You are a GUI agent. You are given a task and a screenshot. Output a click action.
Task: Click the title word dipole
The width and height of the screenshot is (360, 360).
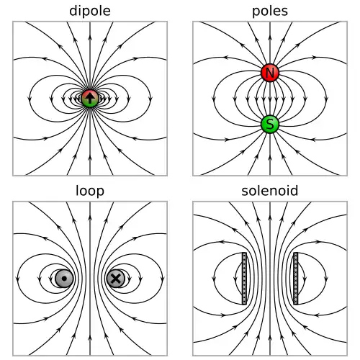90,11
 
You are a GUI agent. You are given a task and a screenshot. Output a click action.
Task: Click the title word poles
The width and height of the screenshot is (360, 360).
270,11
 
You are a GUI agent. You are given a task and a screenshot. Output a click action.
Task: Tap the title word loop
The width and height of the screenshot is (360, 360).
90,191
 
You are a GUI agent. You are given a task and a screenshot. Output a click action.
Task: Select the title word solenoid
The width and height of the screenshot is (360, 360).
270,191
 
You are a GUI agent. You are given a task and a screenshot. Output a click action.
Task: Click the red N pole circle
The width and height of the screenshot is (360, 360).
270,73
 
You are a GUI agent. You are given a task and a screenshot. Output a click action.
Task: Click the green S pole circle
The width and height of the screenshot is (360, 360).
270,124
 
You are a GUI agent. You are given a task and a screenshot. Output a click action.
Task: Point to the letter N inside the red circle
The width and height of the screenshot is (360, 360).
270,73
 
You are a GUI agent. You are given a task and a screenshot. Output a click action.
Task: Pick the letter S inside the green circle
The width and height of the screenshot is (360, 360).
270,125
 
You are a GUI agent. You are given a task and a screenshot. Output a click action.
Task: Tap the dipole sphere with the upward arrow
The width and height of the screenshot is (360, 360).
90,99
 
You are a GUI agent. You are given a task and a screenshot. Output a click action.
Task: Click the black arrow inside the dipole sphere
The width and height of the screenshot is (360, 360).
90,98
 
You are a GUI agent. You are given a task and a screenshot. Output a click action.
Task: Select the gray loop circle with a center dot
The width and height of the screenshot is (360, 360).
64,279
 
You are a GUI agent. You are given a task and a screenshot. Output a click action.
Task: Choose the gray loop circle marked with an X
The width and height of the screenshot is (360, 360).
116,279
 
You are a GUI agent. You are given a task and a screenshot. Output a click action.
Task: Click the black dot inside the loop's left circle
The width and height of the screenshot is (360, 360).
64,279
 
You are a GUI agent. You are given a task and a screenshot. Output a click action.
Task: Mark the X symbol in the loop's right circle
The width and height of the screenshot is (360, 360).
116,279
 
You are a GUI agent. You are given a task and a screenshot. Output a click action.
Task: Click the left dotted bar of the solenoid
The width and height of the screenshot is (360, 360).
244,279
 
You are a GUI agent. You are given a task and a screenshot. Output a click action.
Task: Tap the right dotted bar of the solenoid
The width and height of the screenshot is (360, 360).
296,279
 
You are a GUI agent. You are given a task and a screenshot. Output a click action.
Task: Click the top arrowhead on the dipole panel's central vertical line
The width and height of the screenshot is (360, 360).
90,37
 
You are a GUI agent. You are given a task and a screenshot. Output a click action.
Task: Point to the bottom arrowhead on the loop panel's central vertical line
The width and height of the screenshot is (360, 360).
90,338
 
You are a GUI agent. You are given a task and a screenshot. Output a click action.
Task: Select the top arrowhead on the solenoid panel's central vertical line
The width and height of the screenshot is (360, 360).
270,217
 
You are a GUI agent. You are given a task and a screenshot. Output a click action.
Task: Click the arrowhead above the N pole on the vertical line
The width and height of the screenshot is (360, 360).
270,37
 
